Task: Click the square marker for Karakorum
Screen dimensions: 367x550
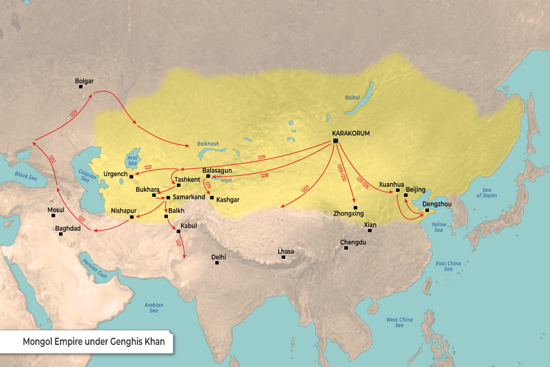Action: (x=335, y=141)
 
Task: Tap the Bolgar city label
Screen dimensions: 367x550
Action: (x=84, y=81)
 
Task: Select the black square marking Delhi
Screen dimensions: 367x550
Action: (x=217, y=263)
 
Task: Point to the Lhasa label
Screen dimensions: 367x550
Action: (x=286, y=251)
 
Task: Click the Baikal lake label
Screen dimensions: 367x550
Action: (x=353, y=97)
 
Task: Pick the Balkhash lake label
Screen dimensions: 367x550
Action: (x=208, y=144)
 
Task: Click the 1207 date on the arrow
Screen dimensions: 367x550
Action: (x=305, y=189)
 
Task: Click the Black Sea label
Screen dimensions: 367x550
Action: (x=25, y=174)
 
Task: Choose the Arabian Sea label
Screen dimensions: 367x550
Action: (x=154, y=308)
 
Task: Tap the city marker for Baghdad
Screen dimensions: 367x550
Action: (x=60, y=234)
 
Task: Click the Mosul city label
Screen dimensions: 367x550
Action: (x=56, y=210)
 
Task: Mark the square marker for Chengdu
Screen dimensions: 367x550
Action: (x=346, y=248)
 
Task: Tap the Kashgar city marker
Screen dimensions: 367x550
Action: (x=211, y=198)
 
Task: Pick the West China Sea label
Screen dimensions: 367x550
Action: (x=399, y=323)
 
